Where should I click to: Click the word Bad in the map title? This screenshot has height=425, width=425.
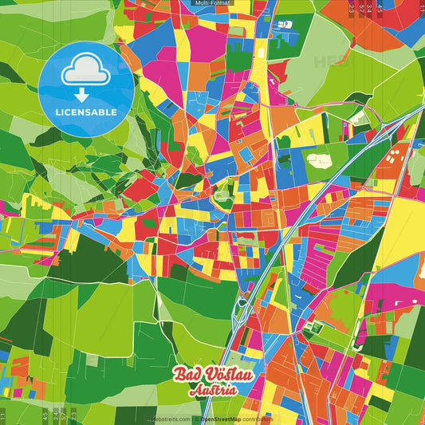pos(187,376)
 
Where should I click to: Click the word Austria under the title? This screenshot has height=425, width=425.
pos(212,391)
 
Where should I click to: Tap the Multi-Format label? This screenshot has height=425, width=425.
pos(212,4)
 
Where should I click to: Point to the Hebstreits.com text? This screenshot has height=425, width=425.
pos(172,419)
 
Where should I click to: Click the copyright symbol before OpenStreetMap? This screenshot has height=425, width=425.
pos(196,419)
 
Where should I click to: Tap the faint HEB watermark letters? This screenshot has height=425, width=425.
pos(329,60)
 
